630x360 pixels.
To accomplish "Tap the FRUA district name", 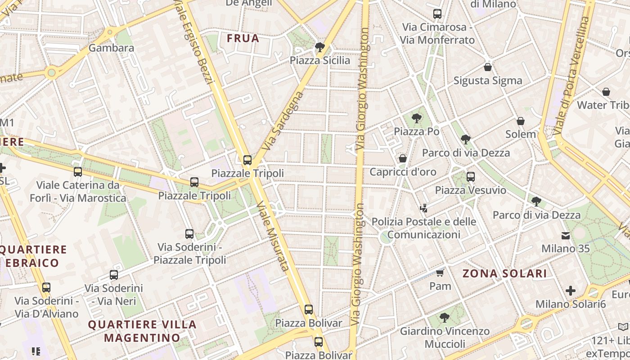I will pyautogui.click(x=243, y=38).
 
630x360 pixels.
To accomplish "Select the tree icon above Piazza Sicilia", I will pyautogui.click(x=320, y=47).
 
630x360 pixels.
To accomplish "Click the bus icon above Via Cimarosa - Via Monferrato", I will pyautogui.click(x=437, y=14).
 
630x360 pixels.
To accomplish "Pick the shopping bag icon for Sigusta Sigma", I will pyautogui.click(x=487, y=67).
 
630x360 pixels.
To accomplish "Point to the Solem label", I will pyautogui.click(x=521, y=134).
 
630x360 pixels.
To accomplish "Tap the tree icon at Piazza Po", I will pyautogui.click(x=417, y=118).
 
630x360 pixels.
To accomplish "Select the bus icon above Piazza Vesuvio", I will pyautogui.click(x=471, y=177).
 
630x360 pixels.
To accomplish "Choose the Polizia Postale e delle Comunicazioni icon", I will pyautogui.click(x=423, y=208).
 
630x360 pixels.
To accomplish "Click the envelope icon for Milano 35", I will pyautogui.click(x=565, y=235).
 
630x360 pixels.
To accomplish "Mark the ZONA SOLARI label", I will pyautogui.click(x=504, y=273).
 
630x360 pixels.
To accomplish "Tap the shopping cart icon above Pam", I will pyautogui.click(x=440, y=273).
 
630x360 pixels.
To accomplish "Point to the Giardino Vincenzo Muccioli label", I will pyautogui.click(x=445, y=337).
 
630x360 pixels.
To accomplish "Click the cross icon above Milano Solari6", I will pyautogui.click(x=571, y=291).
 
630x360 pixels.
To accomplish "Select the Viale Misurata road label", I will pyautogui.click(x=272, y=236).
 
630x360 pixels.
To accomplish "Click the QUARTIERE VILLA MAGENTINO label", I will pyautogui.click(x=142, y=331).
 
